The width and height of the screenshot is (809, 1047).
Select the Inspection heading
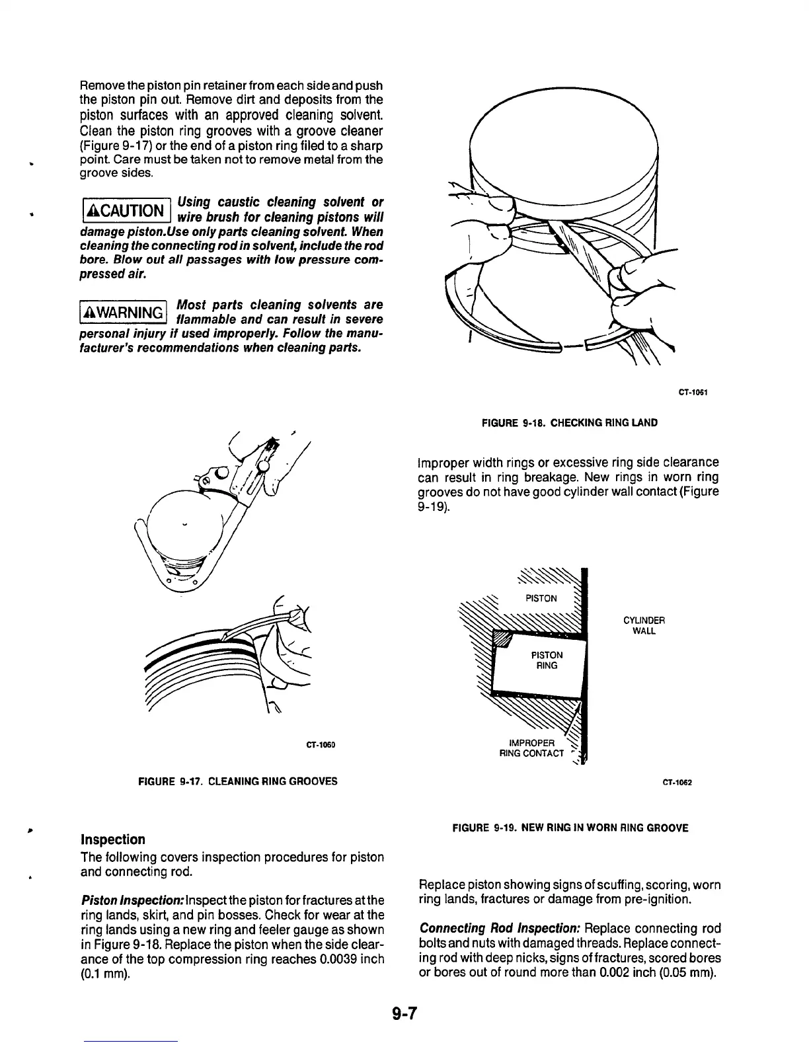pyautogui.click(x=112, y=839)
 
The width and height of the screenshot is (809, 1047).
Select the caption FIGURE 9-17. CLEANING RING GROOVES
pyautogui.click(x=237, y=781)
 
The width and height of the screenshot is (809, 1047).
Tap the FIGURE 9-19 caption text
pyautogui.click(x=570, y=828)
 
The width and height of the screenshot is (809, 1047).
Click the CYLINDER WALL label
pyautogui.click(x=644, y=625)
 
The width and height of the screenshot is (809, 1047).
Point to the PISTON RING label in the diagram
pyautogui.click(x=547, y=660)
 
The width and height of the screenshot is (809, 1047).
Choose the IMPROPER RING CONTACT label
pyautogui.click(x=531, y=748)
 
